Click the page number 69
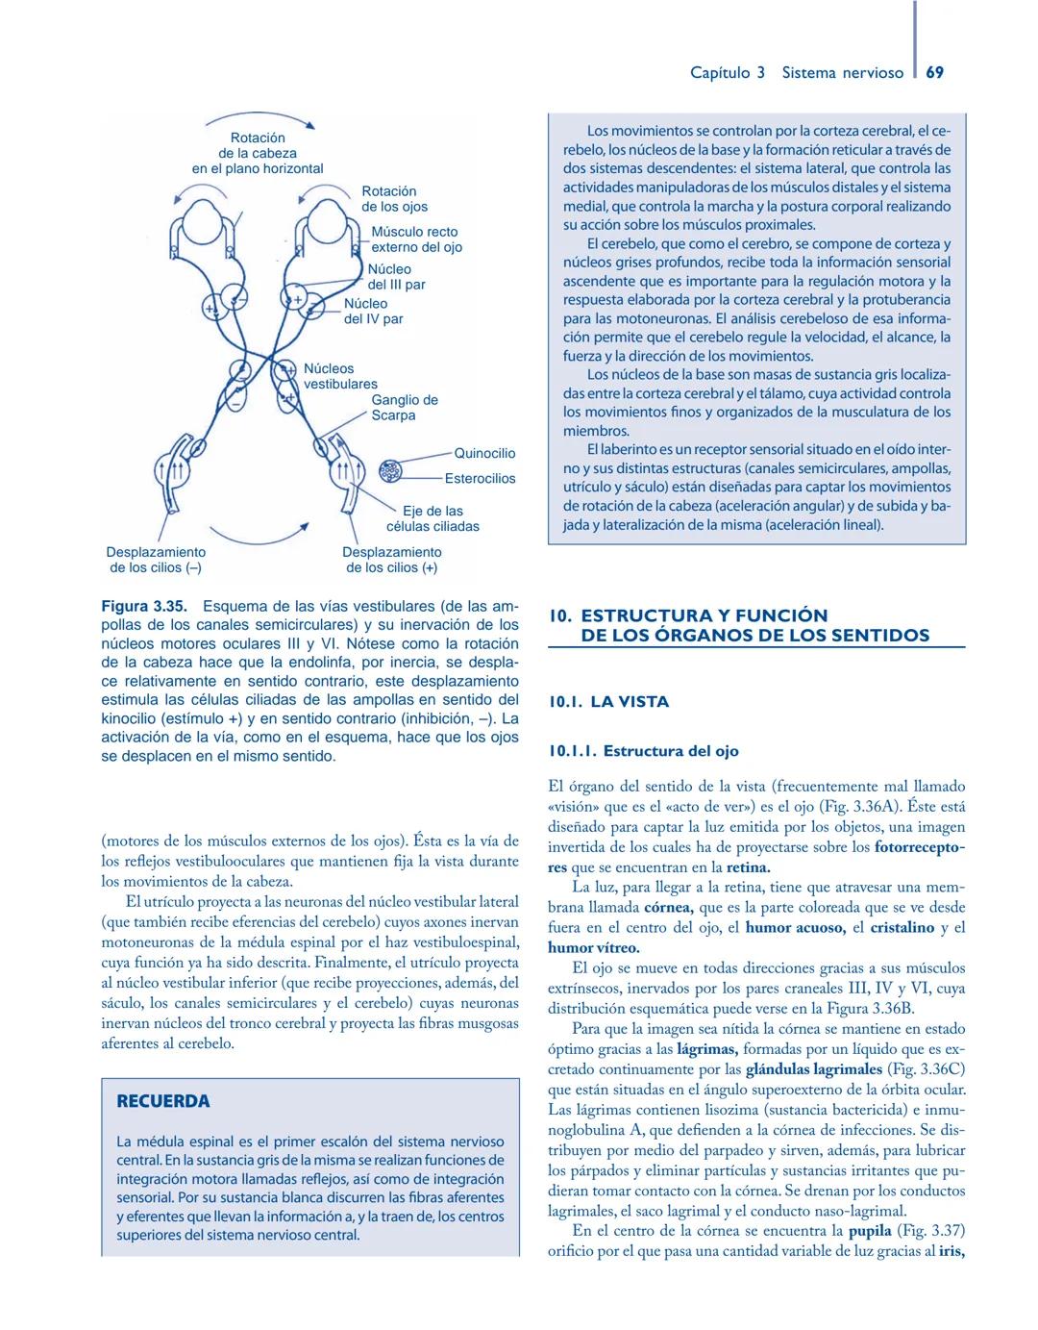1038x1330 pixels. pos(934,73)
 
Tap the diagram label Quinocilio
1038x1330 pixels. pos(484,453)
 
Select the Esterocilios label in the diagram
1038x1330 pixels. pos(480,478)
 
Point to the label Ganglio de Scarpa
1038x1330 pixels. pos(404,408)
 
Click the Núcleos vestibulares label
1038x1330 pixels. pos(339,376)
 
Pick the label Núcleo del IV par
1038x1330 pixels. pos(373,311)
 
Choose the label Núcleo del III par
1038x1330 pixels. pos(396,277)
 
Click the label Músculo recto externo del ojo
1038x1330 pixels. pos(416,239)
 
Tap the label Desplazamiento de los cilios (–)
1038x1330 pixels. pos(156,560)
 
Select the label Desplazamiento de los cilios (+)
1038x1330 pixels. pos(392,560)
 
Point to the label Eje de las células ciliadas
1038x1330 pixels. pos(432,518)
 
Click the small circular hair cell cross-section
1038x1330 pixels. pos(390,472)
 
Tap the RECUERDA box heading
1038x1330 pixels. pos(162,1101)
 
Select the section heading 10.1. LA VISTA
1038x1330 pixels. pos(608,702)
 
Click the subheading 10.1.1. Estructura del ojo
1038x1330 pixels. pos(643,751)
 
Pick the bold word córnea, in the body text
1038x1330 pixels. pos(670,907)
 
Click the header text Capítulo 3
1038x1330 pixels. pos(728,73)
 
